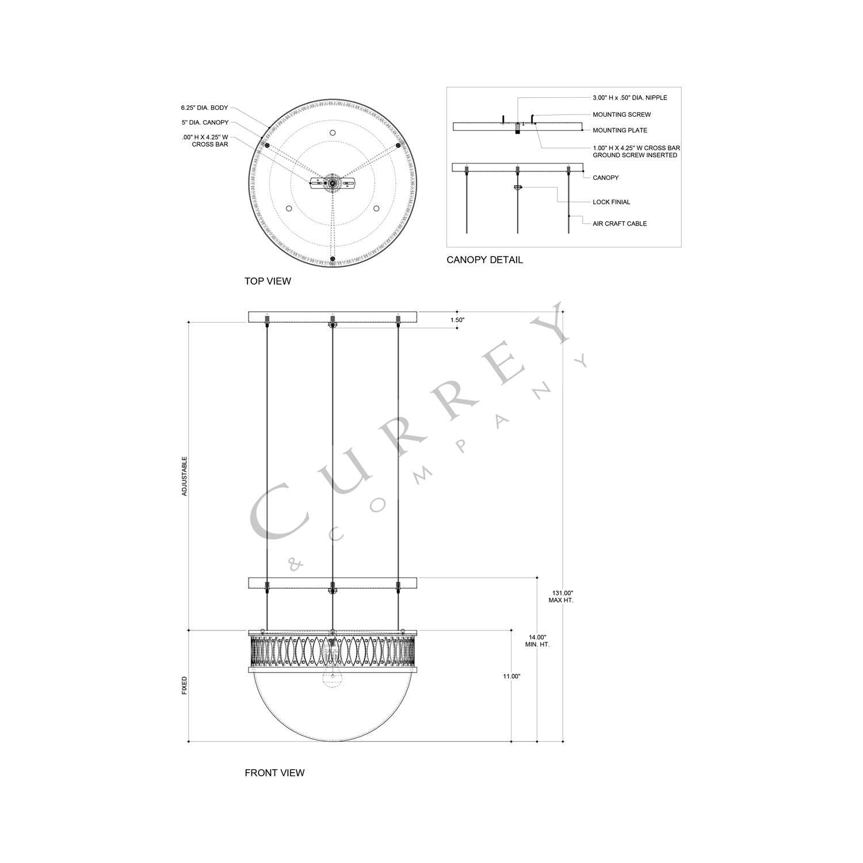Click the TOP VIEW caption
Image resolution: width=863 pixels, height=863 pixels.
(x=268, y=281)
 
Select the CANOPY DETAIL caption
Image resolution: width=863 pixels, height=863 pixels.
(x=484, y=260)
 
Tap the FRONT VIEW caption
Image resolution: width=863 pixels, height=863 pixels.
(x=274, y=773)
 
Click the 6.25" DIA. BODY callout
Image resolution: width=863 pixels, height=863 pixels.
(x=204, y=108)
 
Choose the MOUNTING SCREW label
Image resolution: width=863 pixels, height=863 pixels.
(x=621, y=114)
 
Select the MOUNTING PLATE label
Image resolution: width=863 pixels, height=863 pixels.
(x=620, y=130)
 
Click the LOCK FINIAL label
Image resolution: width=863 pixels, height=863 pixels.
(x=611, y=202)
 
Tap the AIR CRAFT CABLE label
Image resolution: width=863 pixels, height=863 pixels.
(x=620, y=224)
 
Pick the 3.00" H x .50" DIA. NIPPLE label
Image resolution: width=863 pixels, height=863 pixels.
(x=629, y=98)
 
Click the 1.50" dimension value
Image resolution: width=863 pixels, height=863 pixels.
(x=457, y=320)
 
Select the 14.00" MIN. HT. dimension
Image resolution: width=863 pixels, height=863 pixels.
(x=537, y=641)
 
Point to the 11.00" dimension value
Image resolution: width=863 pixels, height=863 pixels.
(x=511, y=677)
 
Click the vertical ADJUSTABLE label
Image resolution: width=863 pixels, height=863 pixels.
(x=185, y=476)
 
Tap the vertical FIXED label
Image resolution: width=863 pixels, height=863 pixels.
(x=185, y=685)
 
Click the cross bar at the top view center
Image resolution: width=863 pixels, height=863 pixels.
(x=332, y=183)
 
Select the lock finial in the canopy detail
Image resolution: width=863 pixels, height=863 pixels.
(x=517, y=188)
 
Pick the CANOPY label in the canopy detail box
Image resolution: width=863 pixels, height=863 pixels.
(x=605, y=178)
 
